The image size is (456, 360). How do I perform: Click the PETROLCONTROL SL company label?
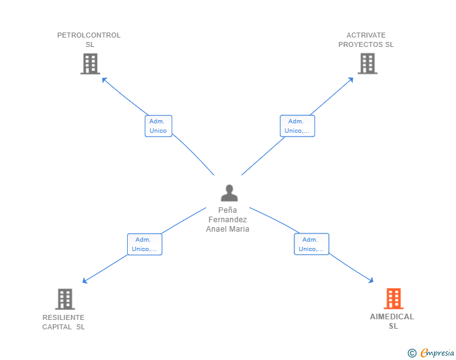click(89, 39)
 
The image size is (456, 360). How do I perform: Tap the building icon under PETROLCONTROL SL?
click(90, 64)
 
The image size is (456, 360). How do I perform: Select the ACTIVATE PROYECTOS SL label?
click(366, 39)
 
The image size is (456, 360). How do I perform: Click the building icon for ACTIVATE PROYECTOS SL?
click(367, 64)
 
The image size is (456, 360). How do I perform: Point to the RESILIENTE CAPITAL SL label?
click(63, 322)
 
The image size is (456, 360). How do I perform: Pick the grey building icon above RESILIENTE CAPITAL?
click(65, 299)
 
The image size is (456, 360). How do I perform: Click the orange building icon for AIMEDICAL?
click(393, 299)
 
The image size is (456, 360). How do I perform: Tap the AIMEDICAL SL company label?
click(392, 321)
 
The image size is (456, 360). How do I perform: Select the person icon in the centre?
click(229, 193)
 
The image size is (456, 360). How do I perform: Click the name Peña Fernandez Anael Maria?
click(228, 220)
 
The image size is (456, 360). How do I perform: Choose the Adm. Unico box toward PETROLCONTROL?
click(158, 126)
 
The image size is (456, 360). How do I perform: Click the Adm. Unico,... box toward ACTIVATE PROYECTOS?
click(297, 126)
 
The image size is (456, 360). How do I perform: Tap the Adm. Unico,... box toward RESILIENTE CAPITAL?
click(145, 244)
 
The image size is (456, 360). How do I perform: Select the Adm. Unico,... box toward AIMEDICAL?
click(311, 244)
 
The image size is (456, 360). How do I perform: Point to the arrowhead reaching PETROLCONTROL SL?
click(104, 79)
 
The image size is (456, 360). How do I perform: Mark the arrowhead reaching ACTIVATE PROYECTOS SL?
click(351, 79)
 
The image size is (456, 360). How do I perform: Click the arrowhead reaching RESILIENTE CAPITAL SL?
click(85, 281)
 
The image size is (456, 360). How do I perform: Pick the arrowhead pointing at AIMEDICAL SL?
click(371, 281)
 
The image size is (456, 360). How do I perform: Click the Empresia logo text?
click(437, 353)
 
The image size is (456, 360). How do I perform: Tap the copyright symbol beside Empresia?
click(412, 353)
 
